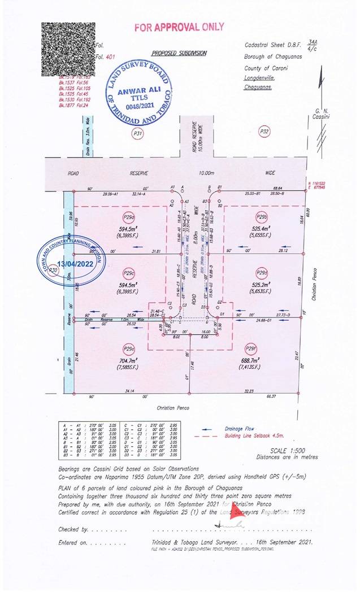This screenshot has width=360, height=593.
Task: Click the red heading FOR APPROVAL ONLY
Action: tap(179, 27)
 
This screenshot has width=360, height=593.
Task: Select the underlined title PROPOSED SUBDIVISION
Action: tap(179, 53)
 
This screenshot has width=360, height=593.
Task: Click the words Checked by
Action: tap(72, 530)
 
